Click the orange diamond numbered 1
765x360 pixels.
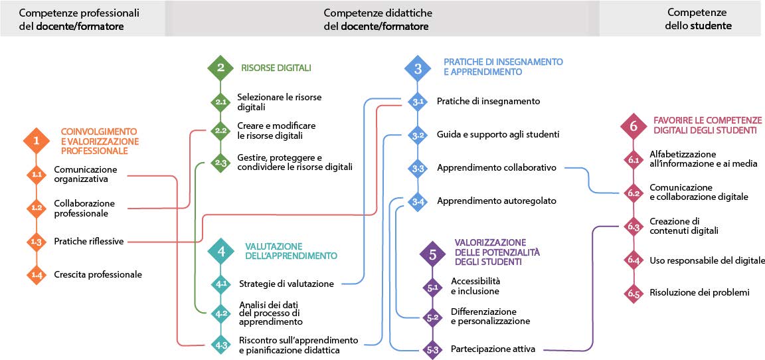pos(36,141)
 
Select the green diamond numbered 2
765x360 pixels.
pos(220,67)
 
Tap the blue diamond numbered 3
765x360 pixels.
pos(418,67)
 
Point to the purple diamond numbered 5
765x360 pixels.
pos(433,253)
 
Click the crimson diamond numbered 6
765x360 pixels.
pos(634,126)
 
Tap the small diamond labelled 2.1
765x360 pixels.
pos(220,102)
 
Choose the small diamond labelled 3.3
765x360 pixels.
pos(418,168)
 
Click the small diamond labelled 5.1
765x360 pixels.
pos(433,288)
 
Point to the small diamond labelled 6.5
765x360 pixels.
pos(634,293)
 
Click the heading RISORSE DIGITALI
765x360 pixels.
pos(276,68)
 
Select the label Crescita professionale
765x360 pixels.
pos(98,274)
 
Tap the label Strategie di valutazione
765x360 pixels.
pos(286,284)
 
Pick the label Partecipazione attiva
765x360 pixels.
pos(493,349)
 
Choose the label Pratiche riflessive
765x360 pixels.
pos(89,241)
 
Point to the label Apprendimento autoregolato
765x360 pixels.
pos(497,201)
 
